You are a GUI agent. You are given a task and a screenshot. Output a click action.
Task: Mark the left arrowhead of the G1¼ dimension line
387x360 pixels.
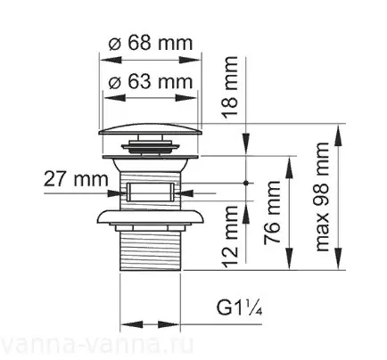(123, 325)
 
